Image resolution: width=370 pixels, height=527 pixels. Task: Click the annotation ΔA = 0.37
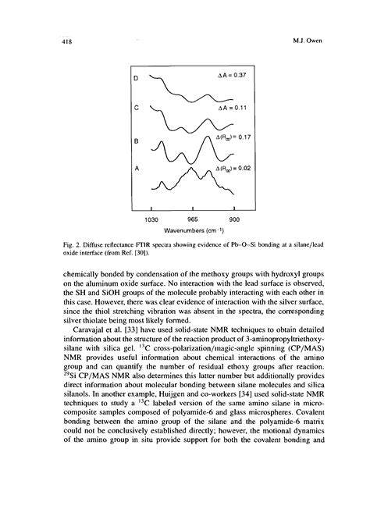tap(233, 75)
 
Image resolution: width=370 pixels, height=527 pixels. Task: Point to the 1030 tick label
tap(150, 219)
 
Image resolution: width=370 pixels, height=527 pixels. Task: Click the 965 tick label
tap(192, 219)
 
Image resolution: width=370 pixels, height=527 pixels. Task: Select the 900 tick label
tap(233, 219)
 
